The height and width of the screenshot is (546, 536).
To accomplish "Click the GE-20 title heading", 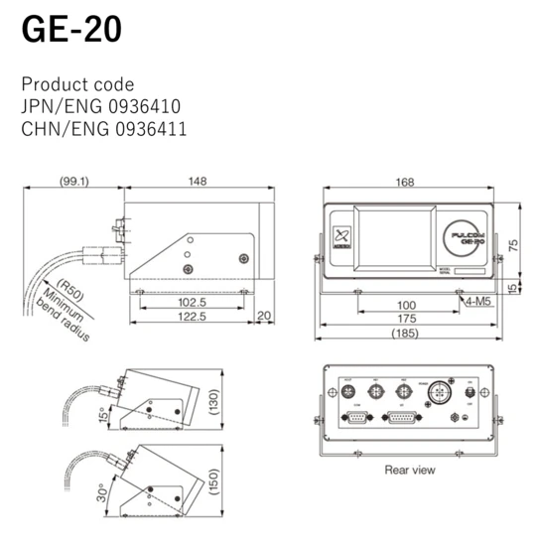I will tap(71, 29).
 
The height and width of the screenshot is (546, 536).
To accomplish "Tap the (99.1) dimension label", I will tap(74, 182).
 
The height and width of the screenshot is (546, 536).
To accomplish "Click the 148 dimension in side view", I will tap(198, 182).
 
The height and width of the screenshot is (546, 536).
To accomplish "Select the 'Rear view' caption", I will tap(409, 469).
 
